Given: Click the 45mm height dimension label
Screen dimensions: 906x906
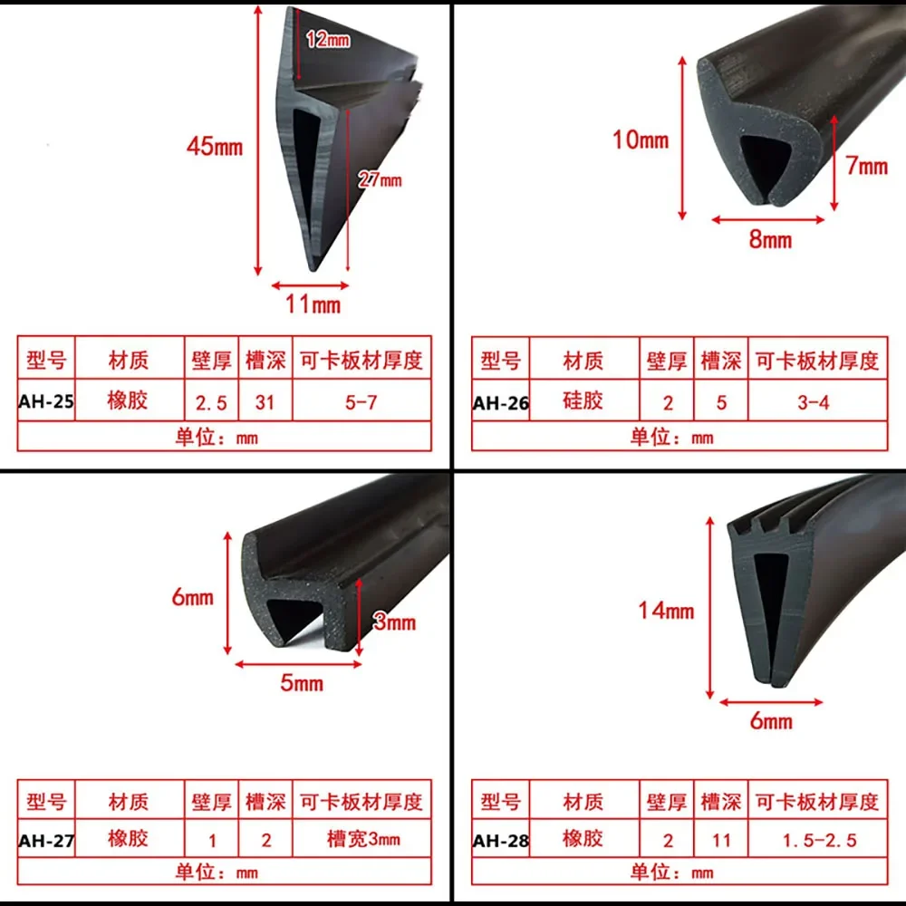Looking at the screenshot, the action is coord(215,147).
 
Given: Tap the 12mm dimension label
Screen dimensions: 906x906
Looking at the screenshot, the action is coord(328,39).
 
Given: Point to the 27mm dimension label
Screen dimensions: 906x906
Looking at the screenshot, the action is coord(380,179).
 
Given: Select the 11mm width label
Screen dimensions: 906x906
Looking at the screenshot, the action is coord(313,304).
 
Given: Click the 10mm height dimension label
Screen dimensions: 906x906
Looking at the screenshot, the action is coord(641,140).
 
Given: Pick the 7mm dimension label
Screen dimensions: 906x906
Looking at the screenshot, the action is coord(867,167).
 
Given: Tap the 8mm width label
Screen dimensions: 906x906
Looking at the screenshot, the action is coord(770,239).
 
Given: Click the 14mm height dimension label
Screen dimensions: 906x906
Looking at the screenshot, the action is coord(666,611).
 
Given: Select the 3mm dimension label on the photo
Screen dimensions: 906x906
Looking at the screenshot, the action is coord(395,622).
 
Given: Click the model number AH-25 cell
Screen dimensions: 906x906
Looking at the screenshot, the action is coord(46,401).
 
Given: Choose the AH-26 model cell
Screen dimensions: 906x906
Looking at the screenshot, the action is coord(500,402).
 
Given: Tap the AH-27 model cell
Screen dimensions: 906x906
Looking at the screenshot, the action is coord(46,840).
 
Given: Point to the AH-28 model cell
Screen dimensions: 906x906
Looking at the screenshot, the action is coord(500,841).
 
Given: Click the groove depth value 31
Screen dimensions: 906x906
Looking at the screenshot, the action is coord(265,402).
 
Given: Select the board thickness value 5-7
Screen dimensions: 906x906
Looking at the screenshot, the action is coord(361,402).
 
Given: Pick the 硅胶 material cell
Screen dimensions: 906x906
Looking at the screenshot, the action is coord(583,400).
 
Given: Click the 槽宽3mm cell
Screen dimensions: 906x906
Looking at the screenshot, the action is coord(363,839).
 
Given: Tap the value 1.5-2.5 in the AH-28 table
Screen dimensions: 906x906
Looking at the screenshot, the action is coord(819,841).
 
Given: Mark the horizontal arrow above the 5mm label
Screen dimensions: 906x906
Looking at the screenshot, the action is coord(298,664).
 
